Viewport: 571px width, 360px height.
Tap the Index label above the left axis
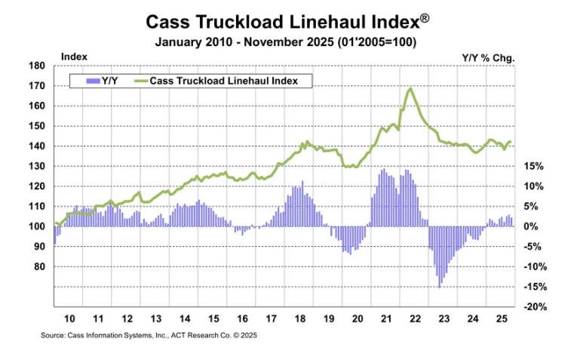72,56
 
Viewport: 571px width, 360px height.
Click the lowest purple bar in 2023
439,286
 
